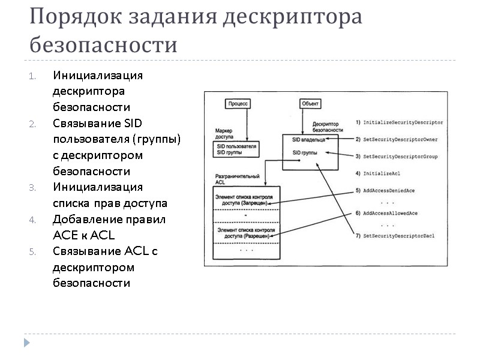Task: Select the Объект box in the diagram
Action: pyautogui.click(x=310, y=103)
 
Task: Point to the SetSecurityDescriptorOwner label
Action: pyautogui.click(x=400, y=139)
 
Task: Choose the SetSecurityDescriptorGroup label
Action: pyautogui.click(x=400, y=157)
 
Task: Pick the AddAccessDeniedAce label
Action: pyautogui.click(x=393, y=190)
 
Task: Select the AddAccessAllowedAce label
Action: pyautogui.click(x=395, y=214)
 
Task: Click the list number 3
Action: pyautogui.click(x=32, y=188)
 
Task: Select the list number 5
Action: pyautogui.click(x=32, y=251)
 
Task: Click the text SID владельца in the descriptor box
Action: pyautogui.click(x=308, y=140)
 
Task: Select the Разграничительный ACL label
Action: pyautogui.click(x=237, y=179)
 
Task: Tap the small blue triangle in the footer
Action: pyautogui.click(x=26, y=343)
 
